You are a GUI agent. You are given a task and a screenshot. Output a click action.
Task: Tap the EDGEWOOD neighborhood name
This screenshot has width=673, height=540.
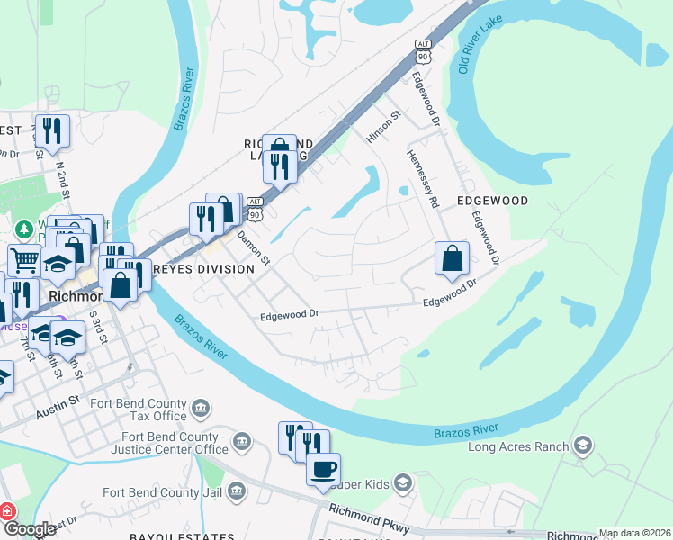pos(491,201)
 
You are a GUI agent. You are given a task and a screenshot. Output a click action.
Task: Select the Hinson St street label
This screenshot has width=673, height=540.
pos(381,129)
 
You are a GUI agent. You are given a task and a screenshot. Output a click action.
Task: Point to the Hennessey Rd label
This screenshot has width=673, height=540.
pos(421,178)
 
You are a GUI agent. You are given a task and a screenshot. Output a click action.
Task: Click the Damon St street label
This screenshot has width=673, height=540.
pos(254,247)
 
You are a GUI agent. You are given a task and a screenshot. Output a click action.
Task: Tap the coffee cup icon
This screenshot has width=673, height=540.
pos(323,469)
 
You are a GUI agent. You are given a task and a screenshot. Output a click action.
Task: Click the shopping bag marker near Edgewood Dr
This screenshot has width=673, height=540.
pos(453,258)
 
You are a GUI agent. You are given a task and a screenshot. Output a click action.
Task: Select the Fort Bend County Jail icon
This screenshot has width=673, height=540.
pos(237,490)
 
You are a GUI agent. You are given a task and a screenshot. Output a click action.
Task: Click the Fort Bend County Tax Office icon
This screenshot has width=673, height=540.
pos(201,409)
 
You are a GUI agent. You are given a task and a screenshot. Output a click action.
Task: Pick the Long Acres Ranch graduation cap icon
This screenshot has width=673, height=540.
pos(583,445)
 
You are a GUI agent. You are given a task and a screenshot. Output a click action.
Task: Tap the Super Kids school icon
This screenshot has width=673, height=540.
pos(403,484)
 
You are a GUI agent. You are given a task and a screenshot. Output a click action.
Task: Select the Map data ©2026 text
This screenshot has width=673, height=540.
pos(633,533)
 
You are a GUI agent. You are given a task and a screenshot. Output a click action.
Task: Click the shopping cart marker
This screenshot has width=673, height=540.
pos(24,261)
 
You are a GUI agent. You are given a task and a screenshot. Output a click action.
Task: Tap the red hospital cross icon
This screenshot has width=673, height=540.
pos(8,511)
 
